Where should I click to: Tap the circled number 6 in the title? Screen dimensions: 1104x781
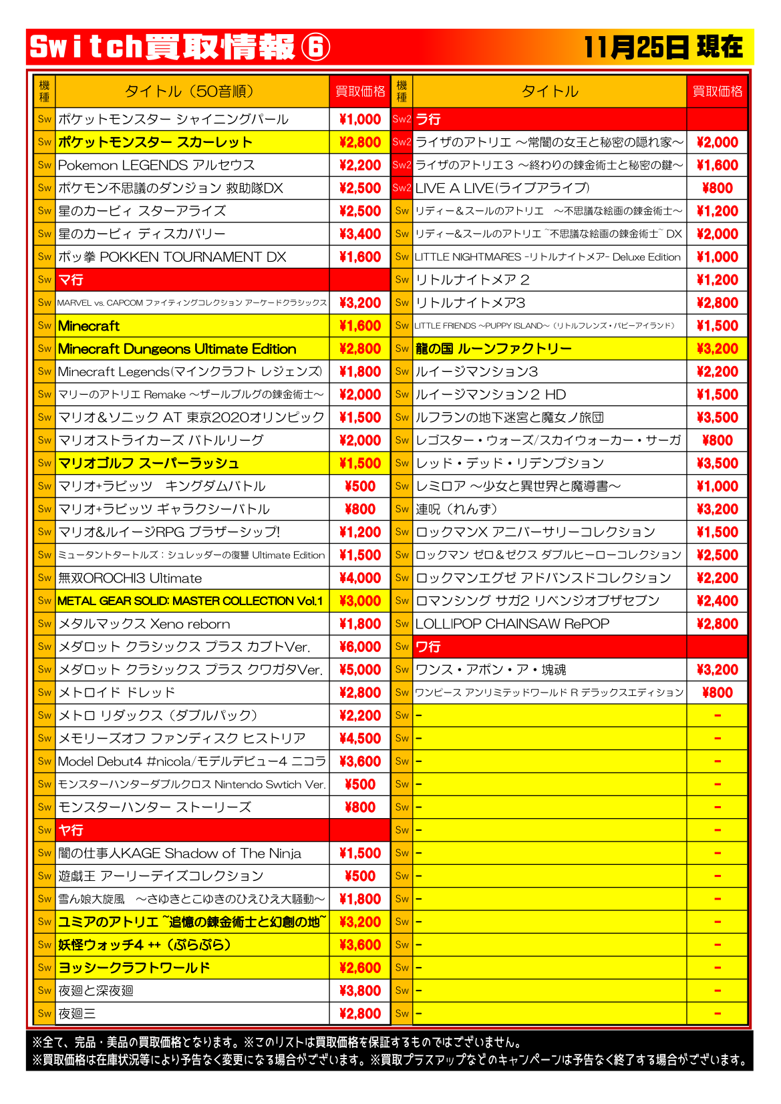[x=315, y=47]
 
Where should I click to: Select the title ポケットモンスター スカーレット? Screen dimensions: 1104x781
[x=155, y=142]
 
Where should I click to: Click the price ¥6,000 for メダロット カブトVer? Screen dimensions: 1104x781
[x=359, y=647]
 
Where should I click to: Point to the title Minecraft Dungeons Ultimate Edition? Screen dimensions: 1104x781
[x=177, y=349]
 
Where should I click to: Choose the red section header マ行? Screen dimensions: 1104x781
[x=71, y=280]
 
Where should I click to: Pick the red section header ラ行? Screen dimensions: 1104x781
[x=428, y=120]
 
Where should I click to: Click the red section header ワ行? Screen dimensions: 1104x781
[x=428, y=647]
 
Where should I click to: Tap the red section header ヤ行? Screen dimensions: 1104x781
[x=71, y=830]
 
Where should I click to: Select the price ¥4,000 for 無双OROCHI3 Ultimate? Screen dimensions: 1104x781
[x=359, y=578]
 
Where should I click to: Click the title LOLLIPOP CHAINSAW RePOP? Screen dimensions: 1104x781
[x=512, y=624]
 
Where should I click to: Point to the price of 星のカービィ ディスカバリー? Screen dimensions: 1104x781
[x=359, y=234]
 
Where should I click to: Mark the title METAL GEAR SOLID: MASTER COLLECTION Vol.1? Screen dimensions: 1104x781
[x=190, y=601]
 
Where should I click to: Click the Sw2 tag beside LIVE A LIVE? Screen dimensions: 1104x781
[x=402, y=188]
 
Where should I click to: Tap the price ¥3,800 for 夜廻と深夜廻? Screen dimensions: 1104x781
[x=359, y=990]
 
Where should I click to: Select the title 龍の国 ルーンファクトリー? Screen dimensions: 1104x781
[x=494, y=349]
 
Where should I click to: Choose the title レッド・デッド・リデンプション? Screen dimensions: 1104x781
[x=510, y=464]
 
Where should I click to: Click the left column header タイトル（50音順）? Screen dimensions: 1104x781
[x=189, y=91]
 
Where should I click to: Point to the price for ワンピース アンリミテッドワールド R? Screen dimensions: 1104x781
[x=717, y=693]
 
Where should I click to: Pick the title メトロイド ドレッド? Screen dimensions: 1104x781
[x=117, y=693]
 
